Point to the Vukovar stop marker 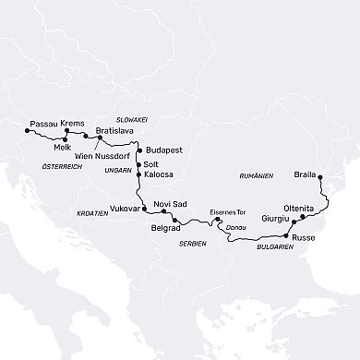click(144, 210)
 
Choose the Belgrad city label click(166, 227)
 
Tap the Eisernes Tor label click(225, 211)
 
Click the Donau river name click(235, 226)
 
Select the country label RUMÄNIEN click(256, 175)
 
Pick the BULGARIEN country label click(276, 248)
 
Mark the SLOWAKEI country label click(130, 119)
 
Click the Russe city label click(304, 237)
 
